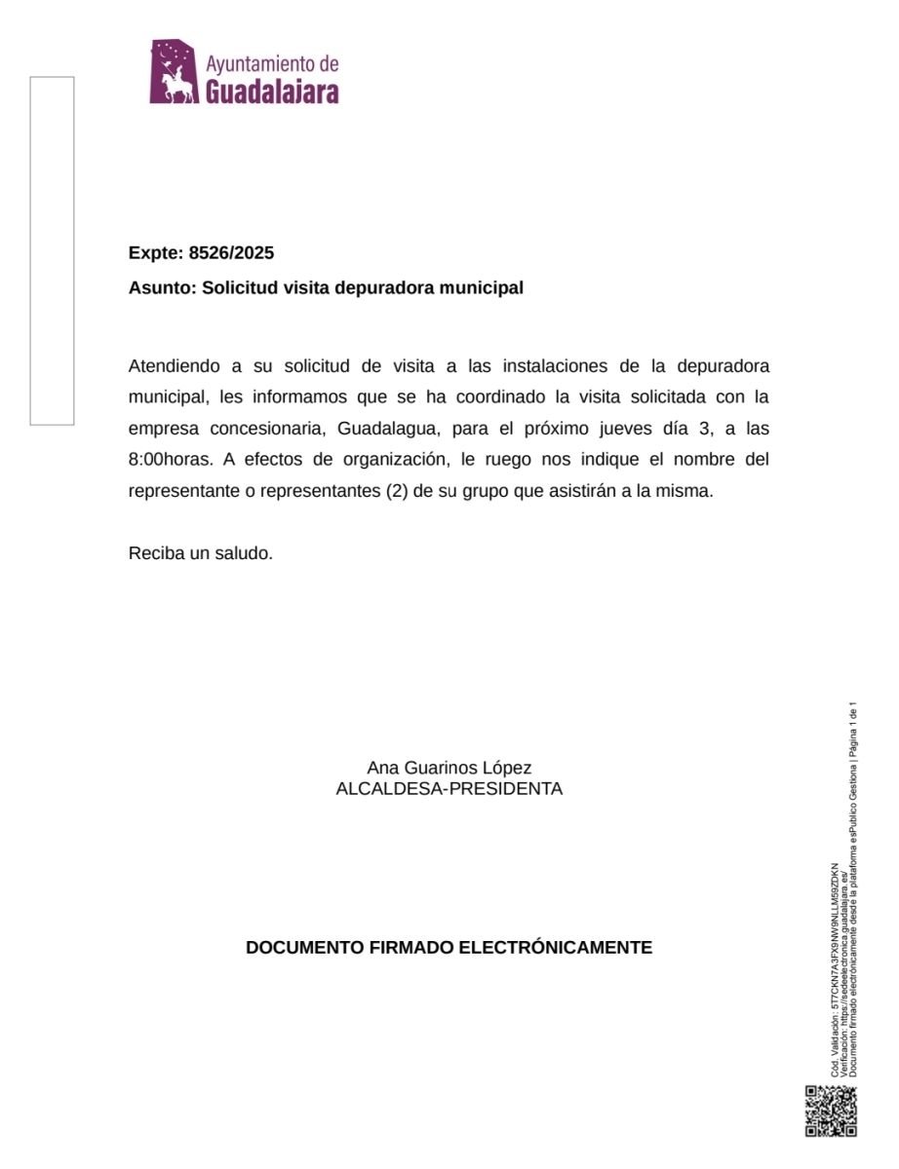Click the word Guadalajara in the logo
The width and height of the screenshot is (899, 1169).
point(273,92)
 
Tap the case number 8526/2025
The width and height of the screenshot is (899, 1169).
point(231,253)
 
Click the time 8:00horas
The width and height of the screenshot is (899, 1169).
point(170,460)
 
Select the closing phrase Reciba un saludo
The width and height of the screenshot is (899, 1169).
point(200,553)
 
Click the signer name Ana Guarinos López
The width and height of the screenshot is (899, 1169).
point(449,768)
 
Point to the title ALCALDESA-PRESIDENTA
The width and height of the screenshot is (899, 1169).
point(449,789)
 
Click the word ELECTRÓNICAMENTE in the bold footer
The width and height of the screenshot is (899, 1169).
point(556,947)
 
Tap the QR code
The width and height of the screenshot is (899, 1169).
point(830,1110)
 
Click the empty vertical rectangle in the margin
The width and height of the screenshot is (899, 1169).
point(52,250)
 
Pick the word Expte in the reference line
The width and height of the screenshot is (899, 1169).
point(154,253)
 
